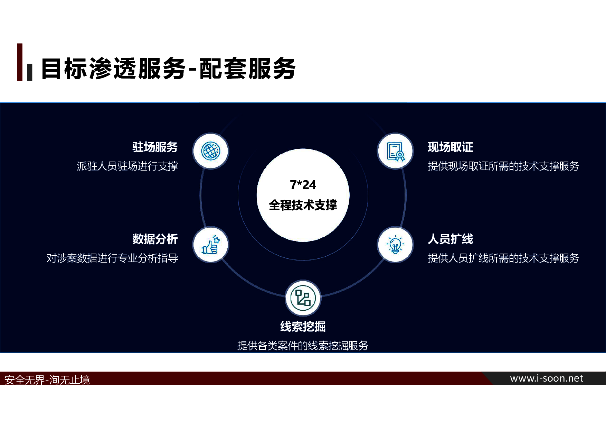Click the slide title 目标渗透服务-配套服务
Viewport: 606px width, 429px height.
(168, 69)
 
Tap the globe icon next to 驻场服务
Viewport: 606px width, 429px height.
(211, 151)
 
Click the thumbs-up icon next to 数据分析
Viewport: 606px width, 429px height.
(211, 245)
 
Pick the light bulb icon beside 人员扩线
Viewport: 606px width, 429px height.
(395, 245)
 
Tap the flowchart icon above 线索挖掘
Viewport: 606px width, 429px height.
(303, 298)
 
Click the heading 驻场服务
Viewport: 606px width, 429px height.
(155, 147)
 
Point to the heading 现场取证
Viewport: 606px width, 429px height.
(451, 147)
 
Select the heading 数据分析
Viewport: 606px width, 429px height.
(155, 239)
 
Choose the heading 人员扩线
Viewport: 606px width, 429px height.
(451, 239)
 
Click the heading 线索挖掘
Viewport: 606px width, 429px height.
(303, 326)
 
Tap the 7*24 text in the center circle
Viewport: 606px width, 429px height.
(303, 185)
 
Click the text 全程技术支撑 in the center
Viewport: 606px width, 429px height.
(303, 205)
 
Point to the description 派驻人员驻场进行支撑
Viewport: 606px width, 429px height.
(127, 166)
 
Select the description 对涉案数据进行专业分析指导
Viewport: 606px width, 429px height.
(112, 258)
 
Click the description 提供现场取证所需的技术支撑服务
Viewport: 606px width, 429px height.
(503, 166)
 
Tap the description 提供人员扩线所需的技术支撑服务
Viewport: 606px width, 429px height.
(503, 258)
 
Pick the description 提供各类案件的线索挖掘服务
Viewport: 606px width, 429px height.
(303, 345)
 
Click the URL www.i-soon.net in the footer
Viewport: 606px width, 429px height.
(547, 378)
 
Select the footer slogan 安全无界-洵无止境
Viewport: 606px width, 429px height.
(47, 380)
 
